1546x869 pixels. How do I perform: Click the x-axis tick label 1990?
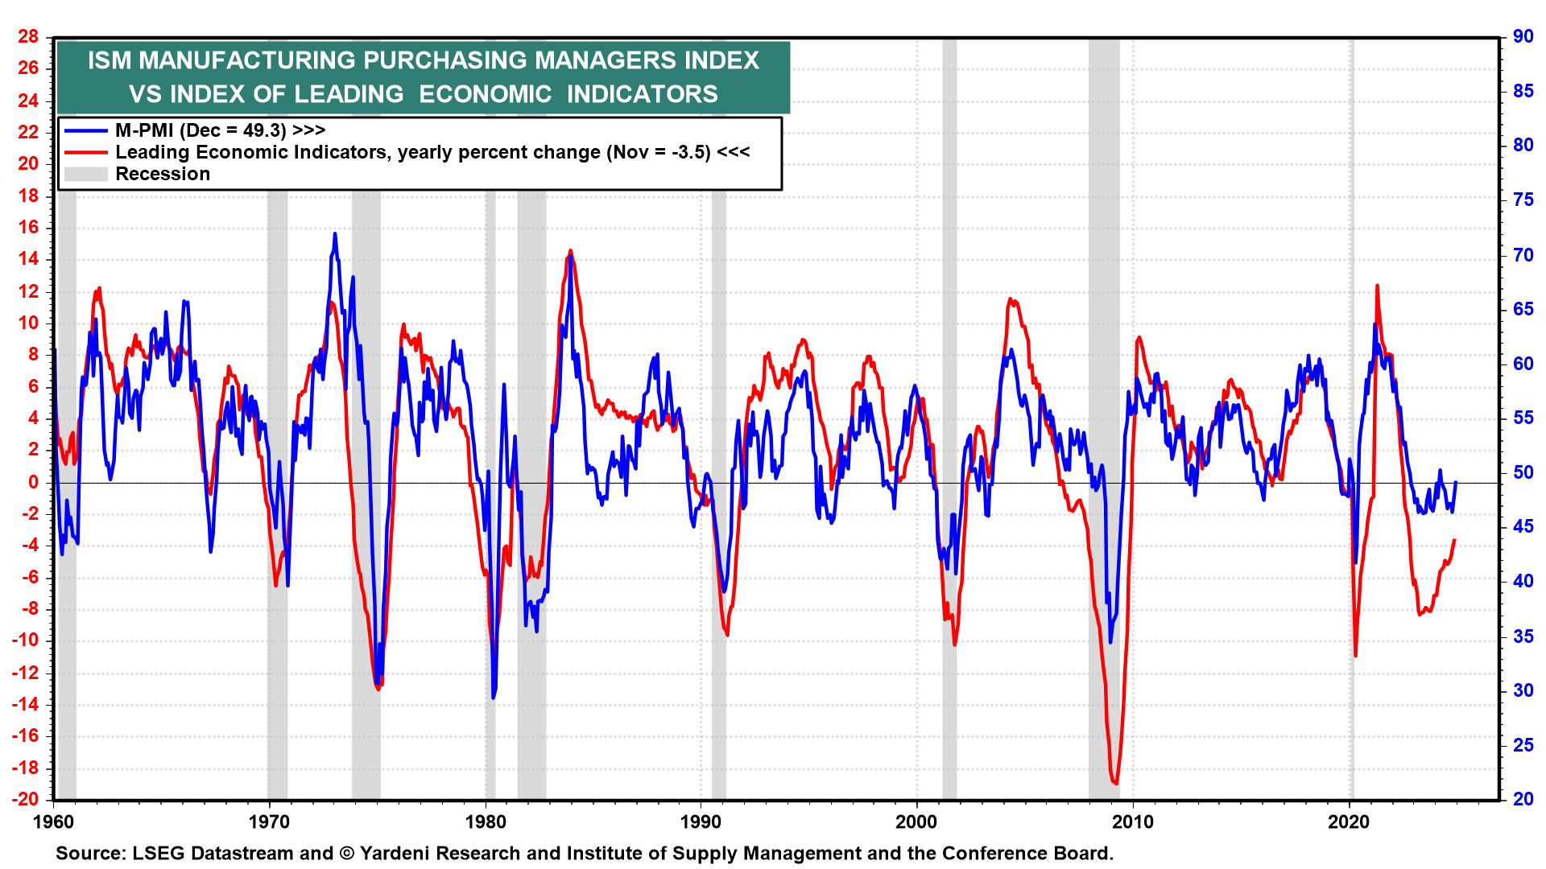click(701, 822)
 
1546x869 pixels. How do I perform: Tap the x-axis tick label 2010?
click(1133, 822)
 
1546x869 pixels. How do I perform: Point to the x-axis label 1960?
click(53, 822)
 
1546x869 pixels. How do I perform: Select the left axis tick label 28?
click(28, 37)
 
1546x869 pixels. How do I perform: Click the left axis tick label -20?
click(25, 799)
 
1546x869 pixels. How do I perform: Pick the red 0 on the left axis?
click(33, 482)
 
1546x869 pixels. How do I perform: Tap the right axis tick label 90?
click(1523, 36)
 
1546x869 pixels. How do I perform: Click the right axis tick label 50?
click(1523, 472)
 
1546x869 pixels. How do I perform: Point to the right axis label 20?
click(1523, 799)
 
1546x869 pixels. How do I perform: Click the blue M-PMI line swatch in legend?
click(85, 130)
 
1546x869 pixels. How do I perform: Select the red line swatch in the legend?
click(85, 152)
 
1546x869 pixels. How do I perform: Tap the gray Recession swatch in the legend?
click(85, 174)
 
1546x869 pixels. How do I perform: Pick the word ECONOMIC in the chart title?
click(485, 94)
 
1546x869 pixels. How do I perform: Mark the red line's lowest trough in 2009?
click(1115, 783)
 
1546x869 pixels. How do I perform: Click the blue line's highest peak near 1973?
click(335, 234)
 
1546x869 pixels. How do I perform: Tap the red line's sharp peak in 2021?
click(1377, 286)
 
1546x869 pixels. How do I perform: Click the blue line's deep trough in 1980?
click(493, 697)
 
